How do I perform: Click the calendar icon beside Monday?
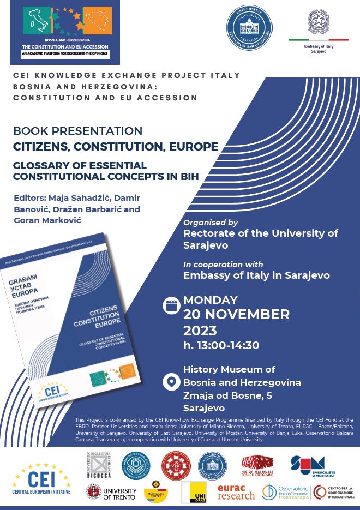(x=172, y=305)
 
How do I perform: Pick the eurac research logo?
(x=236, y=491)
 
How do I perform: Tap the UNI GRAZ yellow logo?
(x=197, y=492)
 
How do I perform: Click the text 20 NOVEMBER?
(x=236, y=315)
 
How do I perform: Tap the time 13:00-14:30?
(x=221, y=345)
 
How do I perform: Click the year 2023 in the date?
(x=200, y=331)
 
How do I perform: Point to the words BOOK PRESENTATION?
(x=78, y=131)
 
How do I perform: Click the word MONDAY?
(x=211, y=299)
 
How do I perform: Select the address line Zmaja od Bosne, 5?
(x=225, y=395)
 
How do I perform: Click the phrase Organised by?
(x=211, y=223)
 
